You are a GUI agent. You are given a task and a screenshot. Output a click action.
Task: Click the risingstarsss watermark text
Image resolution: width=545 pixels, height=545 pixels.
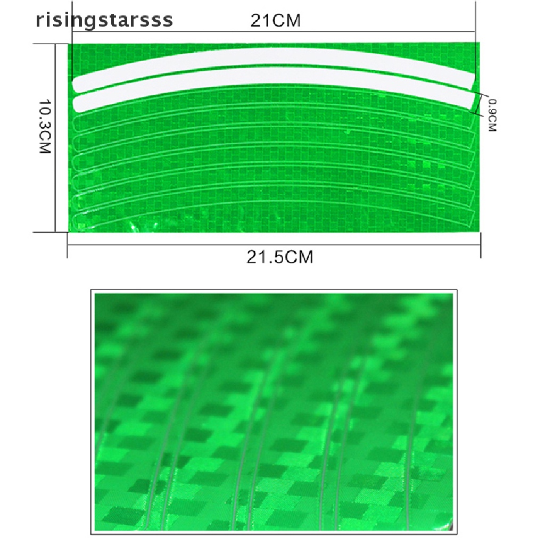click(x=104, y=20)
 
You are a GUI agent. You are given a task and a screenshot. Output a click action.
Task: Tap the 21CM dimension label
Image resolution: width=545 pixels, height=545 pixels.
click(x=275, y=21)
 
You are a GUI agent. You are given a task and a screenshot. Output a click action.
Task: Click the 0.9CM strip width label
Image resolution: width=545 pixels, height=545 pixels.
click(x=491, y=115)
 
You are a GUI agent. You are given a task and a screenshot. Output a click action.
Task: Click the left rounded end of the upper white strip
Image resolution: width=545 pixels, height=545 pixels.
click(x=77, y=84)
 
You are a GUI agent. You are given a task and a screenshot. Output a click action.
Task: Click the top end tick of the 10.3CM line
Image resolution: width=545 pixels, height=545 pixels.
click(x=55, y=44)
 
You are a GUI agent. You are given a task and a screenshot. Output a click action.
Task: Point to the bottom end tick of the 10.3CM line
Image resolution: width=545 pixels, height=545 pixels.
click(x=55, y=232)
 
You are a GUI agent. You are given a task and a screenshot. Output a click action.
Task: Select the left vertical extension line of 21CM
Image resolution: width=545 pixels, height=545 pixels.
click(x=72, y=53)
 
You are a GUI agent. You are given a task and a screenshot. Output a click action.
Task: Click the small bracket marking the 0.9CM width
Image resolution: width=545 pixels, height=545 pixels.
click(x=482, y=104)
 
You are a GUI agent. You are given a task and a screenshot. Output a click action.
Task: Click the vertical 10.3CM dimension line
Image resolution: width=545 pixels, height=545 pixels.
click(x=55, y=138)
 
